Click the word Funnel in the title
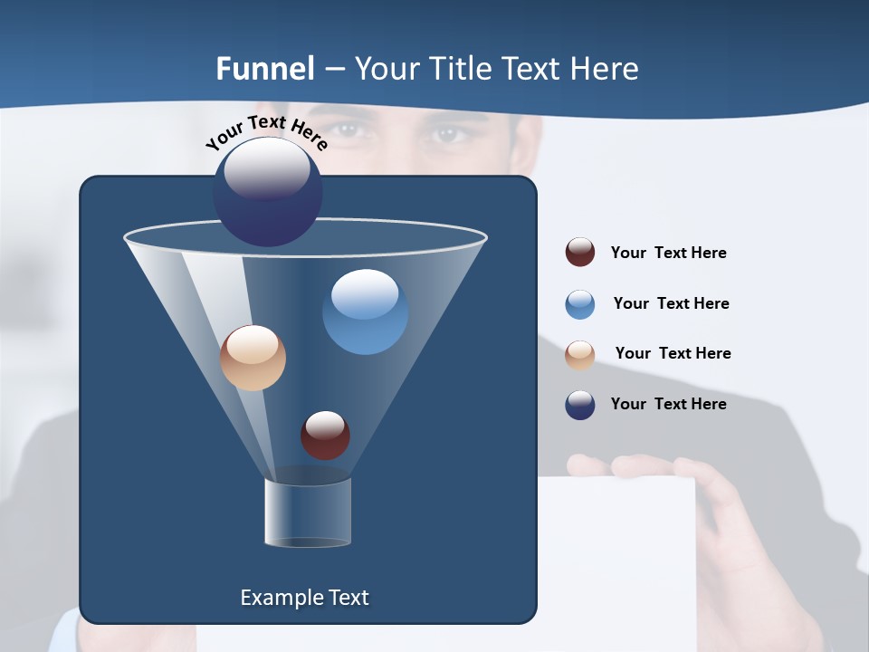265,69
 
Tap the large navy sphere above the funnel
268,192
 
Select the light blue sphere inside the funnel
365,312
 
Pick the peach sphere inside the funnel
253,358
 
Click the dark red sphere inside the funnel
325,435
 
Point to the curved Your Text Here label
267,134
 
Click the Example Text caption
304,598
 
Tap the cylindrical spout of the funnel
308,513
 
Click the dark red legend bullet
580,253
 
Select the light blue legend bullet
580,304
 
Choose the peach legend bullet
580,354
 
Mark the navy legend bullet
580,405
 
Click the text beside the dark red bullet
668,254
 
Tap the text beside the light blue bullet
671,304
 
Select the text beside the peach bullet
673,354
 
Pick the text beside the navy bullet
668,405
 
